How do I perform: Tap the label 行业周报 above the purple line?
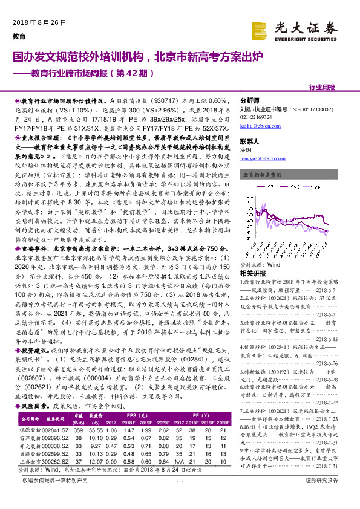click(321, 88)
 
